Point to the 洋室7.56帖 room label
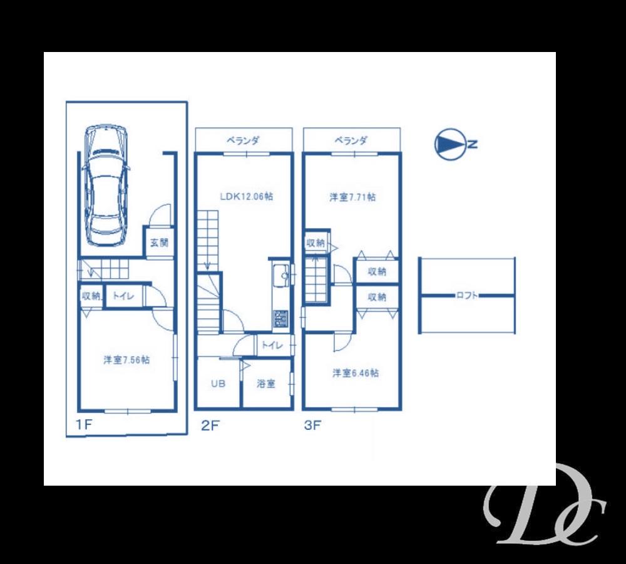(126, 360)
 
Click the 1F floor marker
(85, 426)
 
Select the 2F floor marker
(210, 426)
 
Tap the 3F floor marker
(312, 426)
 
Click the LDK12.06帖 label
(246, 196)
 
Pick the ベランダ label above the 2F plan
(244, 141)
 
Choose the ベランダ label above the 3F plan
(351, 141)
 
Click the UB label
(217, 384)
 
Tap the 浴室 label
(266, 384)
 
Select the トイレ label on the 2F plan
(271, 345)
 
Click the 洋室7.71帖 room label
(353, 197)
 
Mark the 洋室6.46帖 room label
(355, 373)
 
